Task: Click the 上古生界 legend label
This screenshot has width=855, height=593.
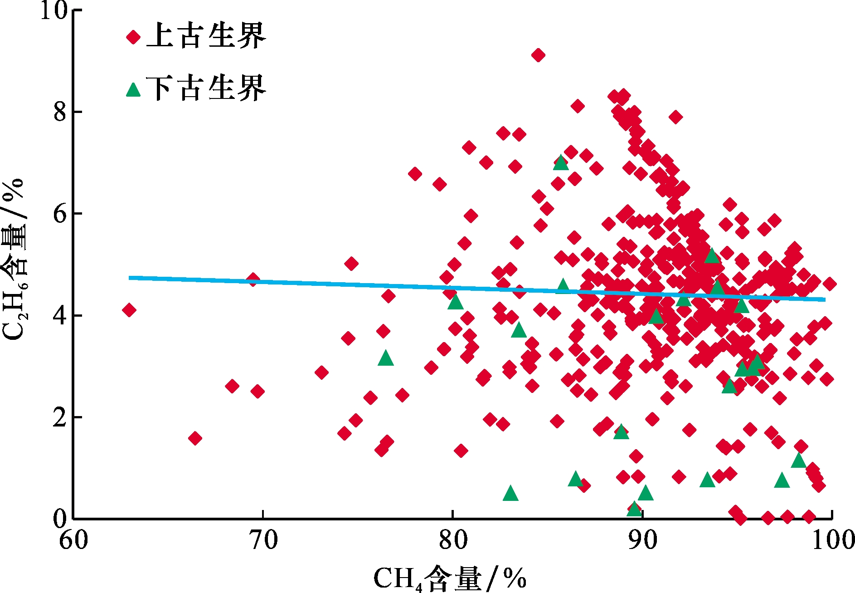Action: (x=206, y=36)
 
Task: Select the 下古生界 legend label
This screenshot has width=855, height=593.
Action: (x=206, y=88)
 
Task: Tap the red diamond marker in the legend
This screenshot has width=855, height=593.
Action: (x=133, y=37)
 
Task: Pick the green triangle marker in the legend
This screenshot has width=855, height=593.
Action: (x=133, y=89)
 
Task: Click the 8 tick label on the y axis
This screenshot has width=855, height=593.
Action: (x=60, y=112)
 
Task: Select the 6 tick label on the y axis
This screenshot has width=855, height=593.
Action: (x=60, y=214)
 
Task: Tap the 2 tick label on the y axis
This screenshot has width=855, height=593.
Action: (x=60, y=417)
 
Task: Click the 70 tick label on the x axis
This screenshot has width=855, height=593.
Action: (x=263, y=540)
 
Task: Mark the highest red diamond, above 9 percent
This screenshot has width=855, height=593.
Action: (x=538, y=55)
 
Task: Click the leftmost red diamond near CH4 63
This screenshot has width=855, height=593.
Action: (x=129, y=310)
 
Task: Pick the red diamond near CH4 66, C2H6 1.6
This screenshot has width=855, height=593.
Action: (x=195, y=438)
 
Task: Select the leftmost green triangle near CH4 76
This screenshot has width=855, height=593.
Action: (x=386, y=358)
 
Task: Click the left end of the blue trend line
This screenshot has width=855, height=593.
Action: (x=130, y=278)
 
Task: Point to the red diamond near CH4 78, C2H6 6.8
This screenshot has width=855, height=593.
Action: (x=415, y=174)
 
